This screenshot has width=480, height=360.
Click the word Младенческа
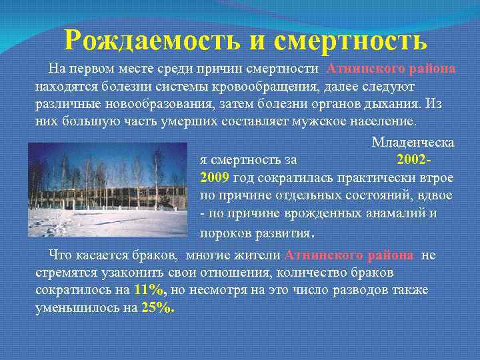click(413, 143)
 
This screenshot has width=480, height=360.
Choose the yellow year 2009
click(215, 177)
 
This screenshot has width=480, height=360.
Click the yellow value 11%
click(149, 290)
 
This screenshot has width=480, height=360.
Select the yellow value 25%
click(158, 307)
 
